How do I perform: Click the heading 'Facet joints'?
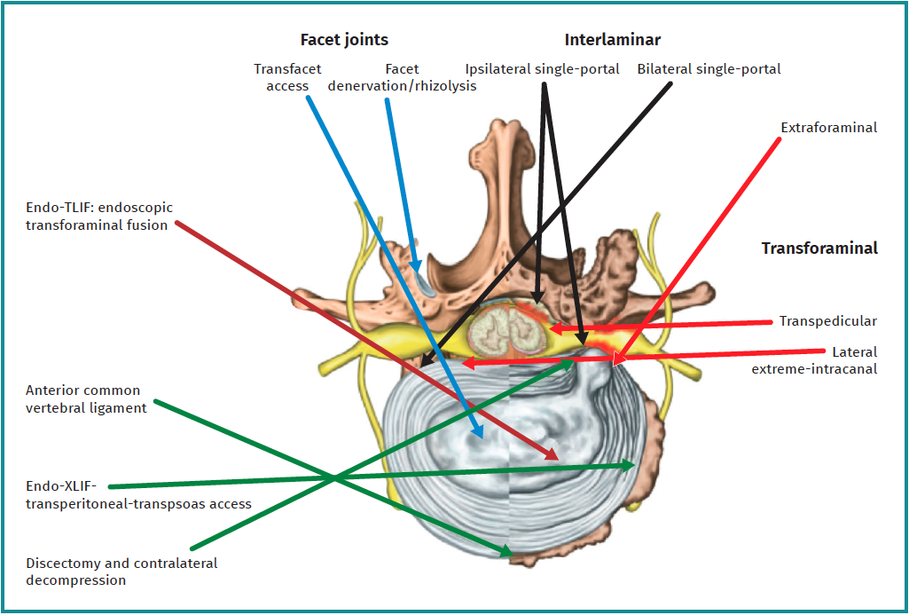(x=344, y=40)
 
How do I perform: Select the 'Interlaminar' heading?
(x=613, y=40)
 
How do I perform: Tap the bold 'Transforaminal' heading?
(x=819, y=248)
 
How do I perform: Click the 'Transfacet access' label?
(x=287, y=77)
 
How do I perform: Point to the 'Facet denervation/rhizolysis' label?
(x=402, y=77)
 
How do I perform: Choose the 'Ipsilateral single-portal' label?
(x=543, y=68)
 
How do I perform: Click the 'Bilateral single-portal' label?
(x=709, y=68)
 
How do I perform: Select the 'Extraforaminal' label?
(x=828, y=128)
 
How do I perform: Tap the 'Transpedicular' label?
(x=827, y=321)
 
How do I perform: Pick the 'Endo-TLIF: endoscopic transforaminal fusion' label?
(x=99, y=217)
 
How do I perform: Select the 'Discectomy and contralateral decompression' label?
(x=121, y=572)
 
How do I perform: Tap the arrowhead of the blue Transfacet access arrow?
(x=480, y=435)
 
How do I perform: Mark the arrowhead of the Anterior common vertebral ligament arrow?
(x=509, y=555)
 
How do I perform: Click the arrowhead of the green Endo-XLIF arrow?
(x=631, y=464)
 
